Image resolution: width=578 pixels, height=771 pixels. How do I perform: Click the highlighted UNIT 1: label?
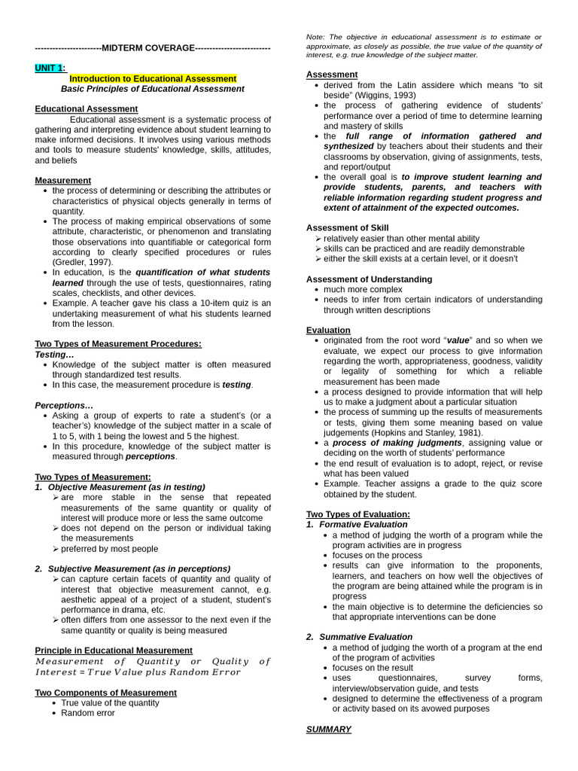(x=50, y=68)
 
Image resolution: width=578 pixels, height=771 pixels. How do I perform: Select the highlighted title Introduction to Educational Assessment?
(x=153, y=78)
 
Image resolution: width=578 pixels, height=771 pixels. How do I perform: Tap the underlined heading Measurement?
(x=62, y=181)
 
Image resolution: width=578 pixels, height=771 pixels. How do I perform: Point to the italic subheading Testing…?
(x=54, y=354)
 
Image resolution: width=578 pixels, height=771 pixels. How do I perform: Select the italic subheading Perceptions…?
(x=64, y=405)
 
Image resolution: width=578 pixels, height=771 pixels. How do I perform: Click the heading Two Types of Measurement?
(x=93, y=477)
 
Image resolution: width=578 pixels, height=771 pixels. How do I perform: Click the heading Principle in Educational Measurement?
(x=114, y=650)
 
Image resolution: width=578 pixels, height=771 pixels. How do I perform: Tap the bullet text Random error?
(x=88, y=713)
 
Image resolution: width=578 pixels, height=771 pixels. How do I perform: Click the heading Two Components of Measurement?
(x=106, y=693)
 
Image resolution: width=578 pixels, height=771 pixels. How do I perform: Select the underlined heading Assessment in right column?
(x=332, y=75)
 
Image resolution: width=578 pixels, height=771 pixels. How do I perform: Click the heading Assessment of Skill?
(x=348, y=227)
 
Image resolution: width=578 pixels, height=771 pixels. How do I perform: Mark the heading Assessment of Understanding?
(x=369, y=279)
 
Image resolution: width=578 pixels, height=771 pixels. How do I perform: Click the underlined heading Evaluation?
(x=328, y=330)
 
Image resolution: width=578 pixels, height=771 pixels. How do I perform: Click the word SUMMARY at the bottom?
(x=328, y=729)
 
